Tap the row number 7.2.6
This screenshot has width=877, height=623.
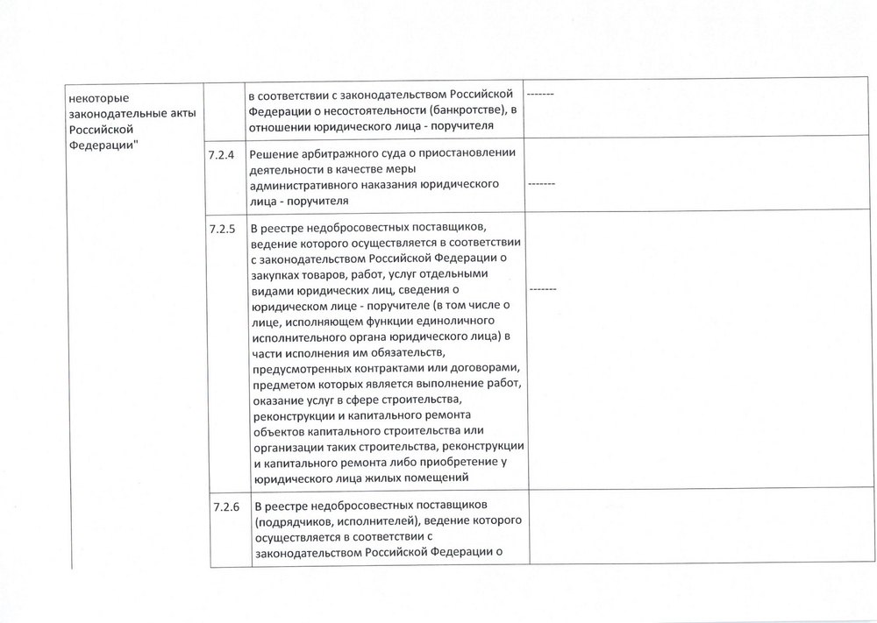[x=225, y=507]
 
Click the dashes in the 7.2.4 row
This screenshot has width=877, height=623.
[x=541, y=186]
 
